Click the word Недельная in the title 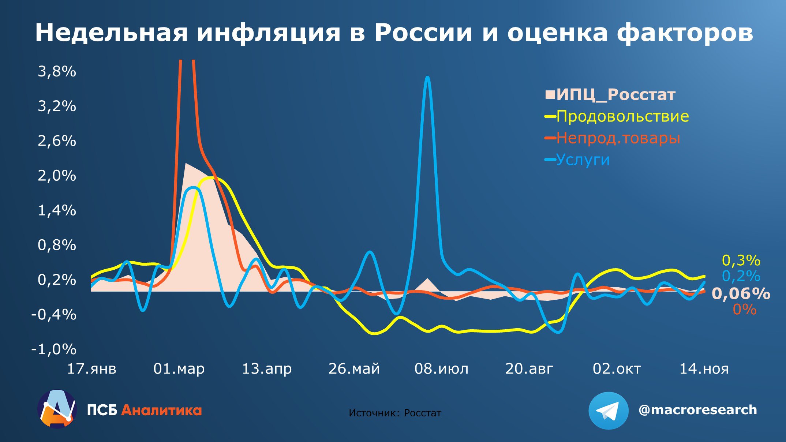tap(112, 33)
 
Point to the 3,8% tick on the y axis tap(57, 71)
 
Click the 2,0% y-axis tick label tap(57, 176)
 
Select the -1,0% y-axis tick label tap(54, 349)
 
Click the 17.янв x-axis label tap(91, 368)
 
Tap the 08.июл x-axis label tap(441, 368)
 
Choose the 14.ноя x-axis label tap(704, 368)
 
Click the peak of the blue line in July tap(427, 78)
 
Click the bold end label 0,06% tap(741, 294)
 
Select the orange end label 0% tap(744, 310)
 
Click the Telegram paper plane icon tap(608, 411)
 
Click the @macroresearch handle tap(697, 410)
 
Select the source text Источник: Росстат tap(395, 413)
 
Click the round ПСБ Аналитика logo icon tap(57, 409)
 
